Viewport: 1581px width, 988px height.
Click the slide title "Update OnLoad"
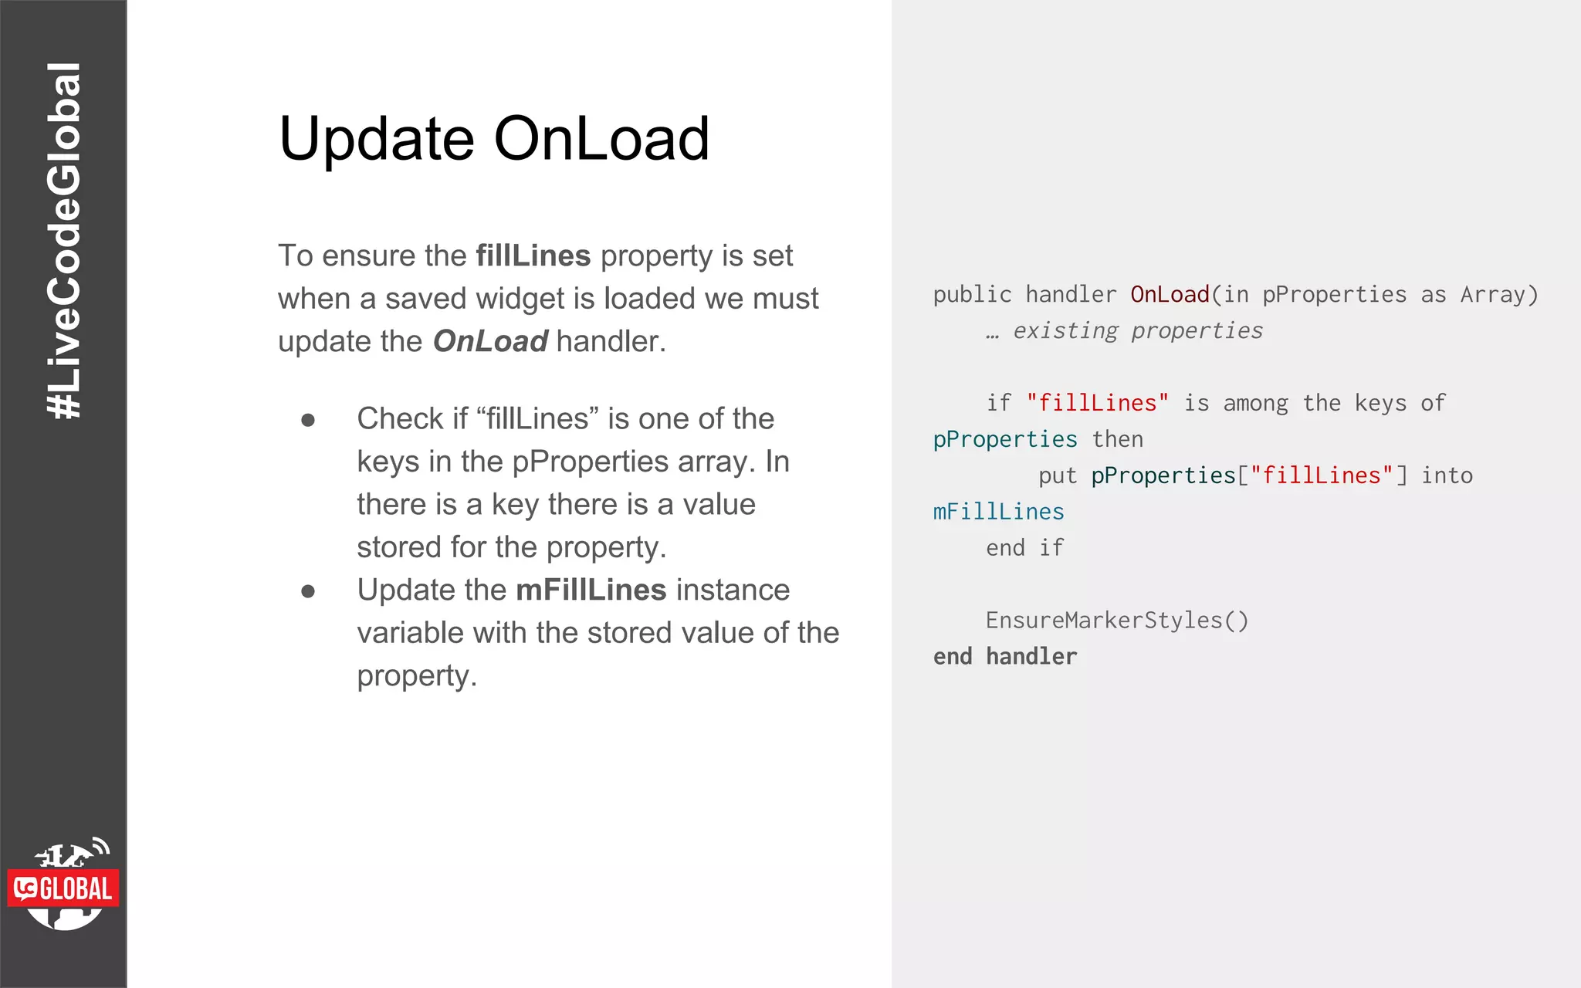(x=494, y=139)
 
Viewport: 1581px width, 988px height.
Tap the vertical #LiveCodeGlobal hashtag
(x=63, y=241)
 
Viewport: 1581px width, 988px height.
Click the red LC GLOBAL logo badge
(x=63, y=888)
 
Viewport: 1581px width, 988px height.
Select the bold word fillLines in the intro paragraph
(x=533, y=255)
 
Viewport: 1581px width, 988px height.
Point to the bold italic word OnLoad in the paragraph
(x=490, y=341)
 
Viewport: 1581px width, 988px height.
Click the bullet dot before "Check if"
(x=308, y=420)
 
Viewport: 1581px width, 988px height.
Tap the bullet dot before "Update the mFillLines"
(x=308, y=591)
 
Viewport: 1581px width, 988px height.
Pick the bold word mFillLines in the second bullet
(x=591, y=590)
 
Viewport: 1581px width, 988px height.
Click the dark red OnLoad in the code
(x=1170, y=295)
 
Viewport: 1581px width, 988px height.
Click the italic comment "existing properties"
(x=1137, y=331)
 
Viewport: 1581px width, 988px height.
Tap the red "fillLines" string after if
(x=1097, y=403)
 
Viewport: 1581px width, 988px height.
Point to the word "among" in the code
(x=1255, y=403)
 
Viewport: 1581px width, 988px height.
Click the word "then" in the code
(x=1117, y=439)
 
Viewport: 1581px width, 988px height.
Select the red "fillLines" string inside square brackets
(x=1322, y=475)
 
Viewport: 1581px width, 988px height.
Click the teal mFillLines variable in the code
(x=998, y=512)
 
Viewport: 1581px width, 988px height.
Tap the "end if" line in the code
(x=1024, y=548)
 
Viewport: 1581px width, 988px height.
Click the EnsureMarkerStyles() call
(x=1116, y=621)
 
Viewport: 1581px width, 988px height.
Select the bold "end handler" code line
(x=1004, y=657)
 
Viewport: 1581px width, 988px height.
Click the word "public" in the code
(x=972, y=295)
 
